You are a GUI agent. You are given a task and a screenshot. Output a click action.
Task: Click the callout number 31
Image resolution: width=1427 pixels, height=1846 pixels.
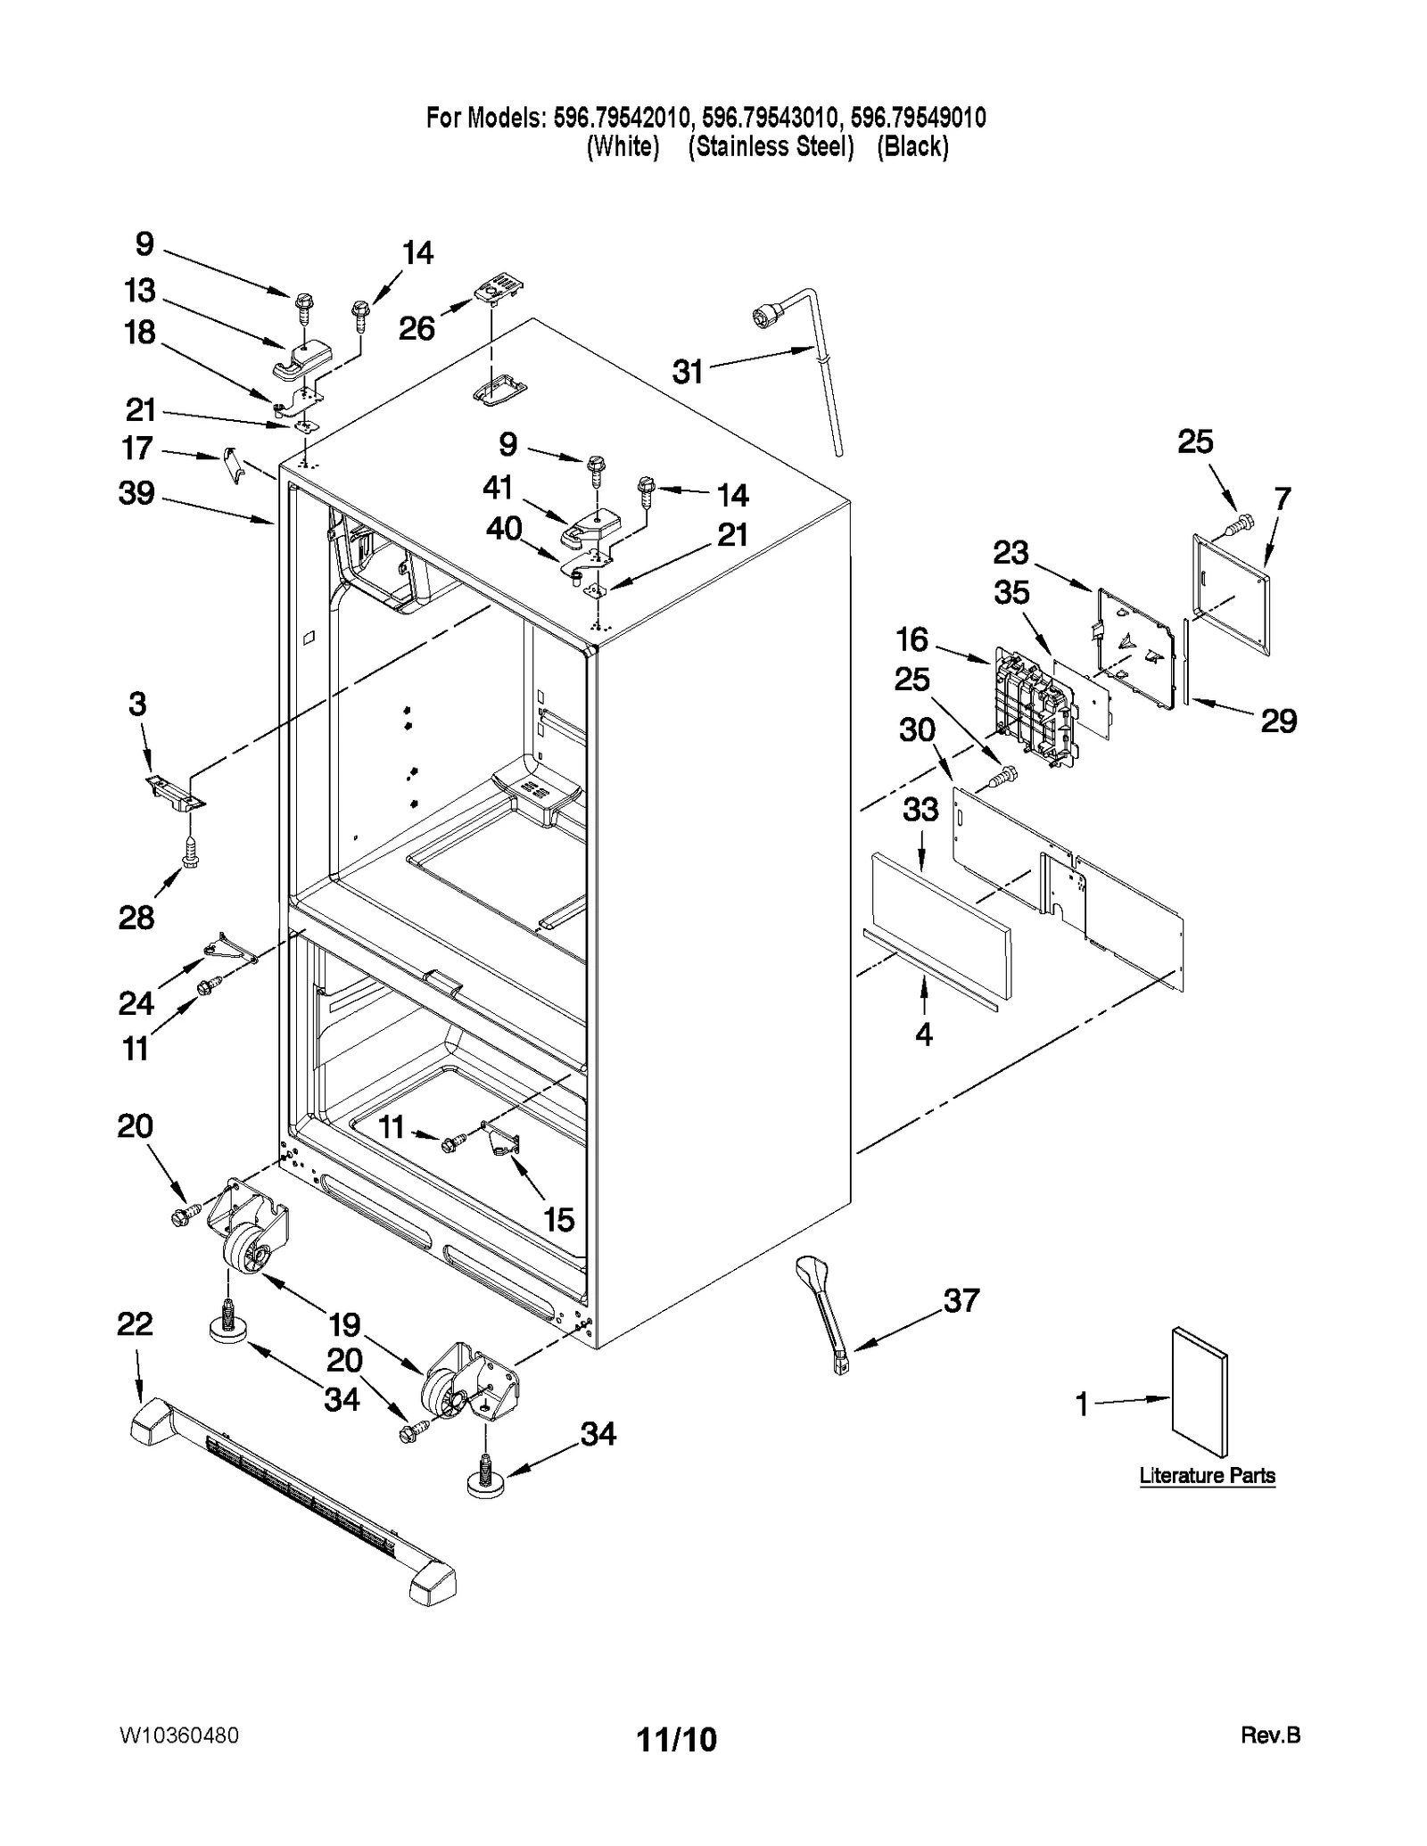click(688, 371)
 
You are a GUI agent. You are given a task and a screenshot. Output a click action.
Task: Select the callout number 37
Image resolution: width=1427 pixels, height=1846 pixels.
click(961, 1301)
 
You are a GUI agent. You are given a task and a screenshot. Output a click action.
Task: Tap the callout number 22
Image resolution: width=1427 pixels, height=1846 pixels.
click(135, 1323)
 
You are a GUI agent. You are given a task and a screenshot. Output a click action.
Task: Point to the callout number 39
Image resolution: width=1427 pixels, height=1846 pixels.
click(136, 492)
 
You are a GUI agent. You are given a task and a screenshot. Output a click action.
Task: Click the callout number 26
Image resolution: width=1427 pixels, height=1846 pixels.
click(417, 328)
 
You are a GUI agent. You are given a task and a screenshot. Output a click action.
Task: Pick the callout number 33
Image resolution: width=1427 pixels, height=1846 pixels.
click(920, 809)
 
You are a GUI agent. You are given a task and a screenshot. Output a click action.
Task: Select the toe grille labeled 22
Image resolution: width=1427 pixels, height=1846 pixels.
click(293, 1500)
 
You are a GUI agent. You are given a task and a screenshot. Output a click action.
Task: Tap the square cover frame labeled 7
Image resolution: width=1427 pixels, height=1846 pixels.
click(1232, 594)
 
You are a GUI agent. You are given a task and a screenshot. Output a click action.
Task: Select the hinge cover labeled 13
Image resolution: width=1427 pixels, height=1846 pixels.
click(299, 358)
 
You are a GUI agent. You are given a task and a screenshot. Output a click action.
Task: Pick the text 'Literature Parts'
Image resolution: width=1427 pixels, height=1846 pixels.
click(1207, 1475)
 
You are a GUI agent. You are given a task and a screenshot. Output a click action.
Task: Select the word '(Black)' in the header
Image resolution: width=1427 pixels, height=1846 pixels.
click(911, 146)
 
